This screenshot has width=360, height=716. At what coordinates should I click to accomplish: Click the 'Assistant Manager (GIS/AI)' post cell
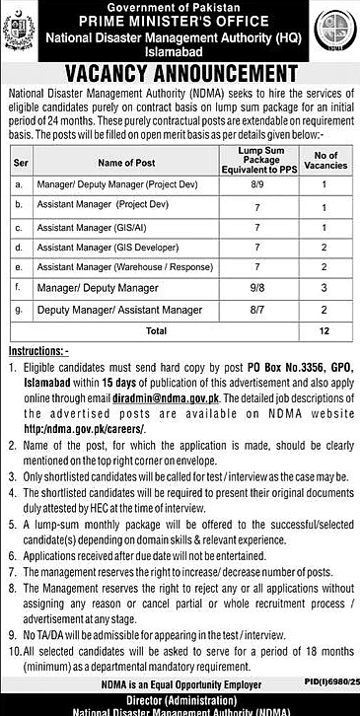pos(103,227)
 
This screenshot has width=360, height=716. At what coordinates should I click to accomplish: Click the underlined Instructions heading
pos(38,350)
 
